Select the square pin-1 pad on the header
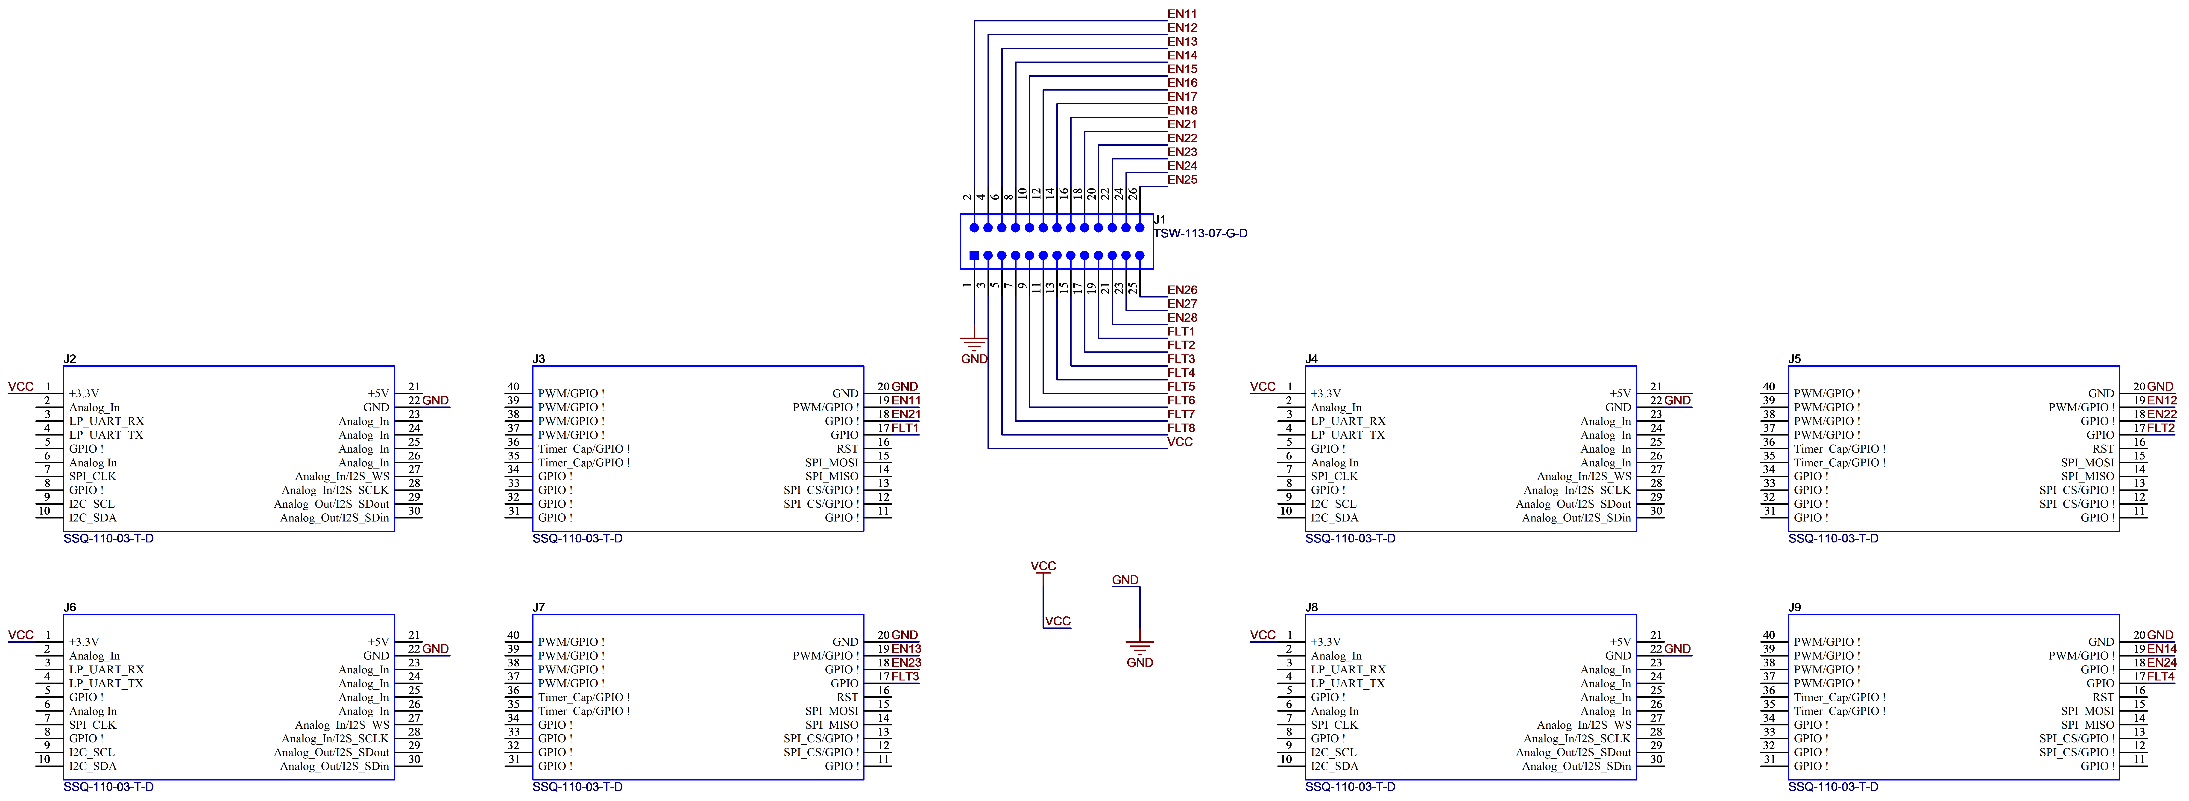pyautogui.click(x=975, y=255)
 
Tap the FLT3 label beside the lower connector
pyautogui.click(x=905, y=676)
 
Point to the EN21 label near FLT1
pyautogui.click(x=906, y=414)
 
